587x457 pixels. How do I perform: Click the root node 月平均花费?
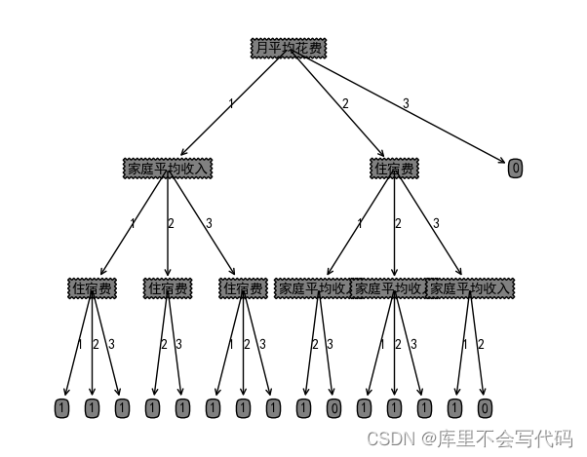(x=288, y=48)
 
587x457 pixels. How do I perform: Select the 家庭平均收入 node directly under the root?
(x=168, y=169)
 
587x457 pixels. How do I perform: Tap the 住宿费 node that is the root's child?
(x=394, y=169)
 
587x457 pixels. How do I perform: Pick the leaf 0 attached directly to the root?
(x=516, y=169)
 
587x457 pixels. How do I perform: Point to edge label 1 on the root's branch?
(x=231, y=103)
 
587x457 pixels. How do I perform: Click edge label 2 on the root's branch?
(x=345, y=103)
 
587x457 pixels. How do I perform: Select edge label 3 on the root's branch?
(x=406, y=103)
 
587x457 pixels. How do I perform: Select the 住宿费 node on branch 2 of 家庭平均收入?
(x=168, y=288)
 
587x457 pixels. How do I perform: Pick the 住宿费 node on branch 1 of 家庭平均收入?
(x=92, y=288)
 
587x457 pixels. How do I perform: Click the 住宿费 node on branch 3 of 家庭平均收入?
(x=243, y=288)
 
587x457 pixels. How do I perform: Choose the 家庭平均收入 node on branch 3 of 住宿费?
(x=470, y=288)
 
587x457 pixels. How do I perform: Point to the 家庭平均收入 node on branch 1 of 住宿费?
(x=314, y=288)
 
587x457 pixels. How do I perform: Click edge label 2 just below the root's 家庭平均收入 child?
(x=171, y=224)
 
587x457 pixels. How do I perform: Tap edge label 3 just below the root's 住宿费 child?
(x=436, y=224)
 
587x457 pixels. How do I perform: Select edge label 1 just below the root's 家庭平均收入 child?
(x=133, y=224)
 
